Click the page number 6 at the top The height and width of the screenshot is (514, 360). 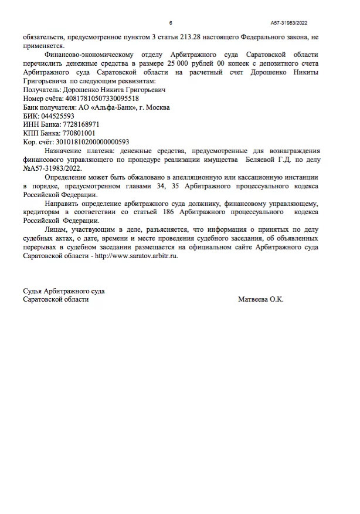[x=171, y=22]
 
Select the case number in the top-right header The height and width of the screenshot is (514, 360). [x=289, y=22]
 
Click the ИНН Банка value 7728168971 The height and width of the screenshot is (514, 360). [x=77, y=125]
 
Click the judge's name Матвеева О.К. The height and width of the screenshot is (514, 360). [x=261, y=299]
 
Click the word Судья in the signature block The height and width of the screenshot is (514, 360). [x=34, y=291]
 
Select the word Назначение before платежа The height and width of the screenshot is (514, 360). [x=64, y=151]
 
